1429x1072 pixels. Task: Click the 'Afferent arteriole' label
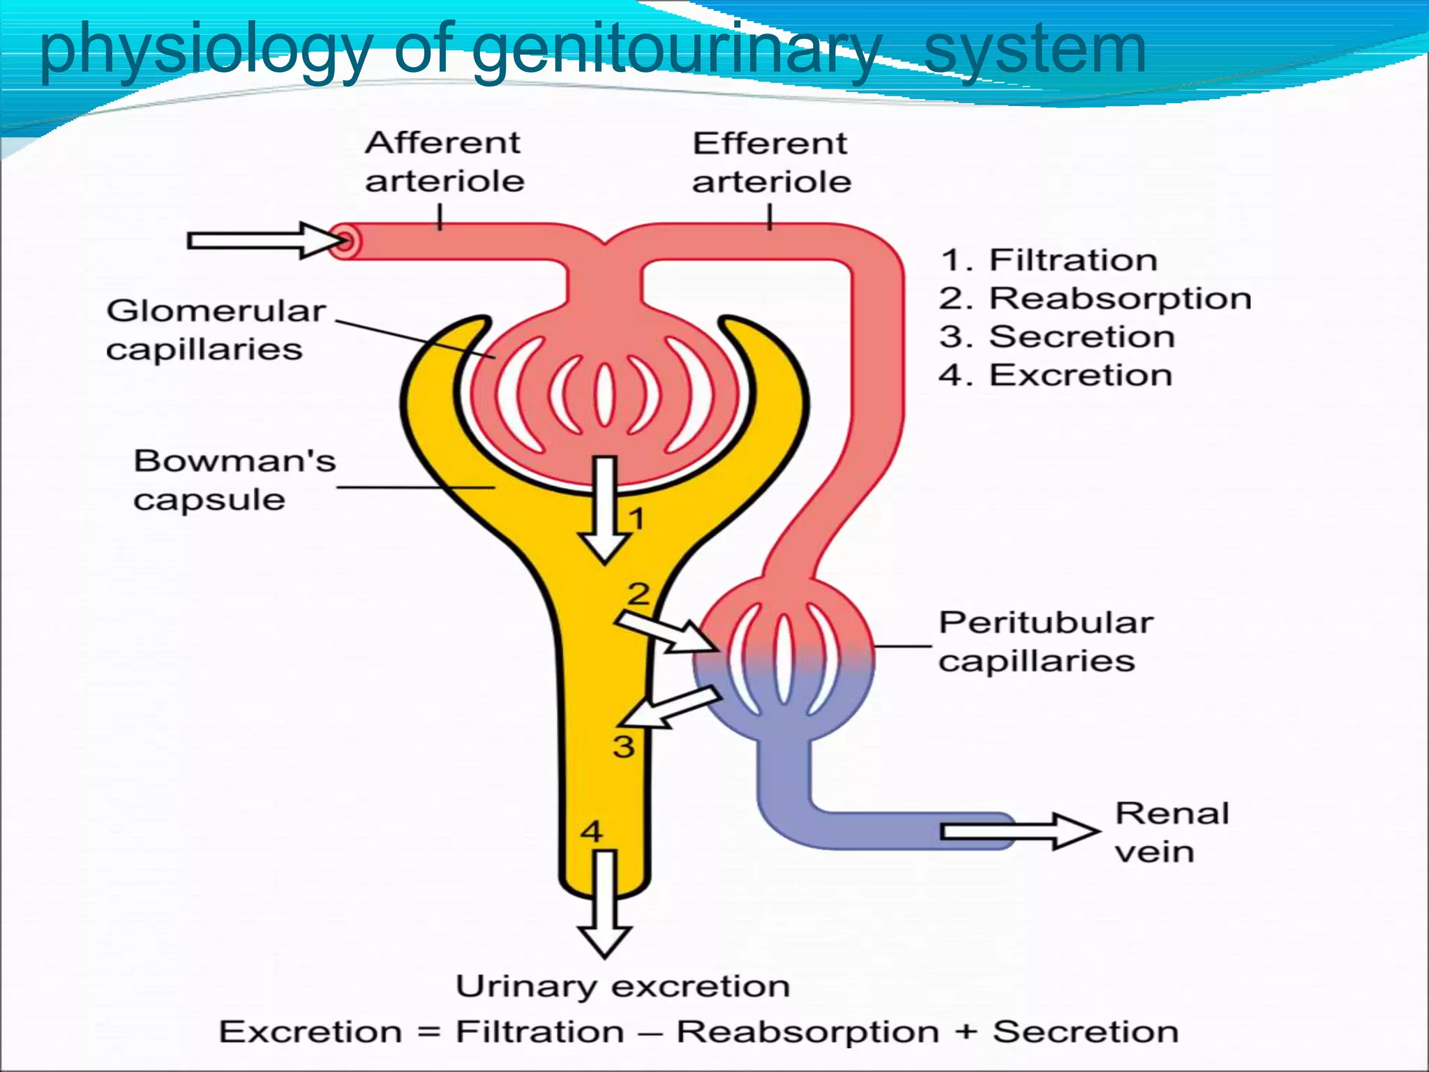pos(444,162)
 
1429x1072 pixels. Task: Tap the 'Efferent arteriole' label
pos(771,163)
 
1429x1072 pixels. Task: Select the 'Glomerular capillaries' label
pos(215,329)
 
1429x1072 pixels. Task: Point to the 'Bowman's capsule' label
pos(234,480)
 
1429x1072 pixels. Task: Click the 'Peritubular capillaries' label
pos(1045,641)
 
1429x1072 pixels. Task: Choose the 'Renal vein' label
pos(1171,832)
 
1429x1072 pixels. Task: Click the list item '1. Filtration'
pos(1049,260)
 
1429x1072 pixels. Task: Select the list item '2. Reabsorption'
pos(1095,299)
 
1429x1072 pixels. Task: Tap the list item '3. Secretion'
pos(1057,337)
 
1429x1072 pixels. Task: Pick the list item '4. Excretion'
pos(1055,375)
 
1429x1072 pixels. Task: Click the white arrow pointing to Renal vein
pos(1019,831)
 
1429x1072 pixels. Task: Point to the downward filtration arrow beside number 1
pos(605,509)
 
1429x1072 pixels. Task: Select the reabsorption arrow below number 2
pos(668,632)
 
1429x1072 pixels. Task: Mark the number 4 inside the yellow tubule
pos(592,831)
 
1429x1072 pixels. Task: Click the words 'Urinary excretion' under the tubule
pos(622,986)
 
